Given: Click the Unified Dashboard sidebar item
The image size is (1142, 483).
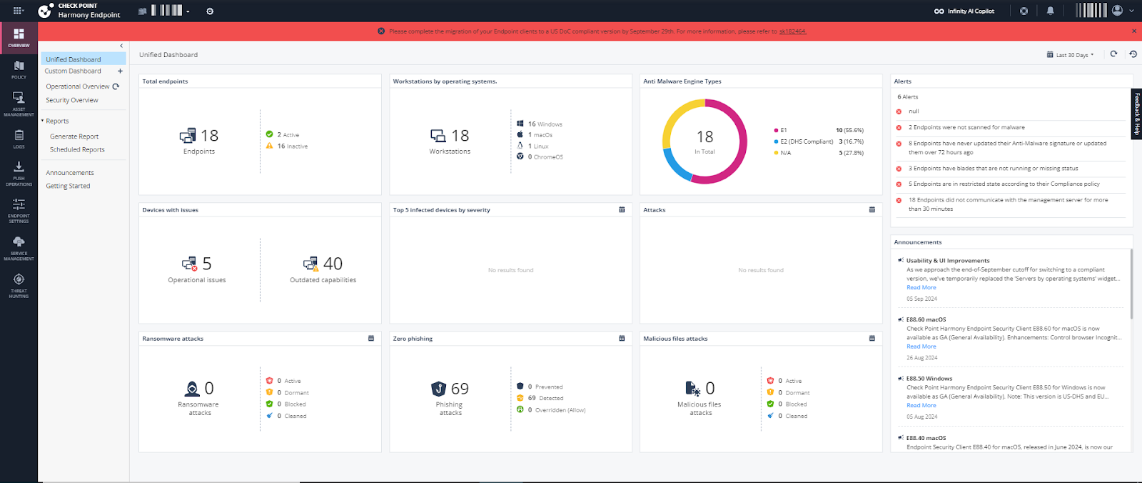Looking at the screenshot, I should point(74,59).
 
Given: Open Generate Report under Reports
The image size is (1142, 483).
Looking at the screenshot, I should point(74,136).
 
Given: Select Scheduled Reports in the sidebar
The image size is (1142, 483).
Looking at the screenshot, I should point(77,150).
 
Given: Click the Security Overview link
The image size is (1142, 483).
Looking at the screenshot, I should point(72,101).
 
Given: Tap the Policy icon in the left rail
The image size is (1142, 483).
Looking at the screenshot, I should point(19,69).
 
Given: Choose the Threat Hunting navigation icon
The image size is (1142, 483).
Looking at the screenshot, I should point(19,284).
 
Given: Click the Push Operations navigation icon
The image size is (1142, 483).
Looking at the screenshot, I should point(19,171).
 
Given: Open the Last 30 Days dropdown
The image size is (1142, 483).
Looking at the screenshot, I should point(1071,55).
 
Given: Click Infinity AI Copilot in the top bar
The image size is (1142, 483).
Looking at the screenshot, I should point(964,11).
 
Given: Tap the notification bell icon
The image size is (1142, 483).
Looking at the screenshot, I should point(1050,11).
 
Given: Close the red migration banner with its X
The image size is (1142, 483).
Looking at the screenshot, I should point(1134,31).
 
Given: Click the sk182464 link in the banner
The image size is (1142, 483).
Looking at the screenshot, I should point(792,31).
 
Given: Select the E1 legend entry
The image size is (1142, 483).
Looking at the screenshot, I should point(783,130).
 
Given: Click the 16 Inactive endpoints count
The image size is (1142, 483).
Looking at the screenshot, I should point(292,146).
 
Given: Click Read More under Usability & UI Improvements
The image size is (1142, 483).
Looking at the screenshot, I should point(921,288).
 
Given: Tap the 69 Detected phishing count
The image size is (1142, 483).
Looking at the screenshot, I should point(545,399).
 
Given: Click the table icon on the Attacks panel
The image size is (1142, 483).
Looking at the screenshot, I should point(872,210).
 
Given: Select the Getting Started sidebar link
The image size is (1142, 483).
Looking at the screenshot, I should point(68,186).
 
